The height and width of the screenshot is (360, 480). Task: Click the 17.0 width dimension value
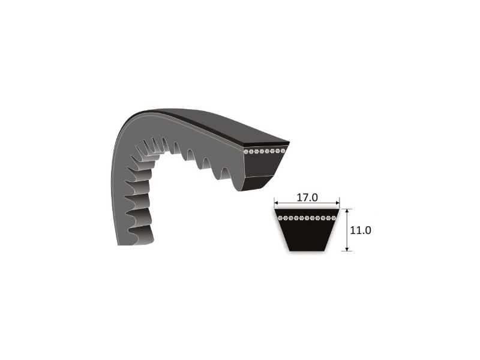pos(307,196)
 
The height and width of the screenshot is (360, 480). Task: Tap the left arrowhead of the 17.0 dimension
pos(277,203)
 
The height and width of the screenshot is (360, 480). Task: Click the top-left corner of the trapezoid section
pos(274,209)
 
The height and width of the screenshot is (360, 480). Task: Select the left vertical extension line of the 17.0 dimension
pos(274,202)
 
